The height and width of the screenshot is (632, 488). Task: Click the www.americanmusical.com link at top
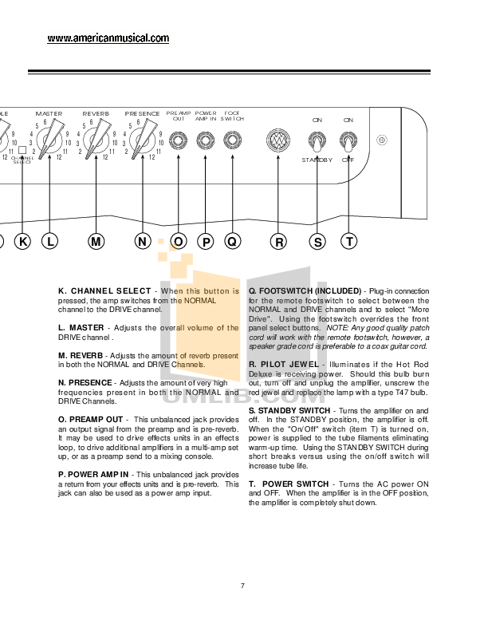coord(108,38)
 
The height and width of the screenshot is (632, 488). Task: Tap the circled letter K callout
coord(22,242)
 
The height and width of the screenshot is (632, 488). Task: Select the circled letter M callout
coord(96,242)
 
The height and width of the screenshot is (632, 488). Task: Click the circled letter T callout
coord(349,242)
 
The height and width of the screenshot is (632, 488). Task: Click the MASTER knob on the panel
coord(50,140)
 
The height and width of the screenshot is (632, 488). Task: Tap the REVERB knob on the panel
coord(96,140)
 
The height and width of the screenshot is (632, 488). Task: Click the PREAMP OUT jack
coord(179,141)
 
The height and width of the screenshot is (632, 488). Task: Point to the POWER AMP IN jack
coord(206,141)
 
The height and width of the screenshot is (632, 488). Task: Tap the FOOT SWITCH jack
coord(232,141)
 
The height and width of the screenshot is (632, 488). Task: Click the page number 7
coord(242,587)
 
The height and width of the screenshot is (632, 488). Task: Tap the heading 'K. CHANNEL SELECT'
coord(104,291)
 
